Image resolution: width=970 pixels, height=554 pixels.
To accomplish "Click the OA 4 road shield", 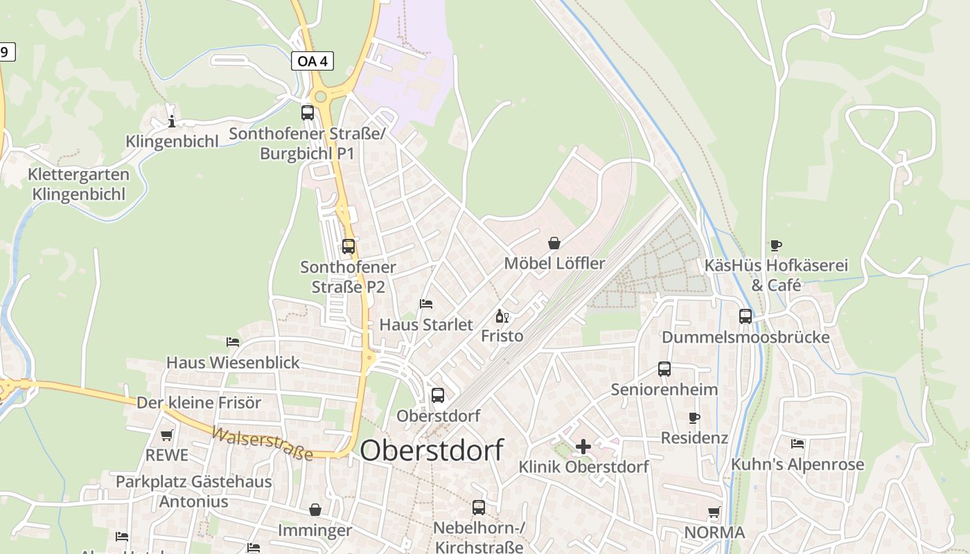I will tap(312, 61).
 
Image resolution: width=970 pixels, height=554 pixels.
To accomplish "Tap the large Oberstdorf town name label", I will tap(432, 450).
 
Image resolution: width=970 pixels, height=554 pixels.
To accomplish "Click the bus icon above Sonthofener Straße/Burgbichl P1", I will tap(307, 112).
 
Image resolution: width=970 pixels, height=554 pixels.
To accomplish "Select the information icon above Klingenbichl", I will tap(172, 122).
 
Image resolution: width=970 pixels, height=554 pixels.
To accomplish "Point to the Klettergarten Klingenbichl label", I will tap(79, 184).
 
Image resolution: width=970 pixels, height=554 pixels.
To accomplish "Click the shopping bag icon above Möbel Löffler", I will tap(554, 243).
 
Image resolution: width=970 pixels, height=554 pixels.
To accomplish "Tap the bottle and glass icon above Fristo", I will tap(502, 316).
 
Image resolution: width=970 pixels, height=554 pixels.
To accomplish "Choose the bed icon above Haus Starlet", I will tap(426, 304).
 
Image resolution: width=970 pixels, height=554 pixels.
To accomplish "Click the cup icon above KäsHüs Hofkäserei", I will tap(776, 245).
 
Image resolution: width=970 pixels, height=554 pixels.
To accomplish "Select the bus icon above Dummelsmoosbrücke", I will tap(746, 316).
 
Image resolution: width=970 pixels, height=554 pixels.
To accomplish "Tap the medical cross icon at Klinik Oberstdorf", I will tap(583, 447).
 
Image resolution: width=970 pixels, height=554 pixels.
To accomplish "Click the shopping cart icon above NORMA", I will tap(714, 512).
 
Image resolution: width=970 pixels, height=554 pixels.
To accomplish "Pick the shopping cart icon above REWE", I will tap(166, 435).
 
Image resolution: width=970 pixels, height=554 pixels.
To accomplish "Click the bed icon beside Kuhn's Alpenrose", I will tap(797, 443).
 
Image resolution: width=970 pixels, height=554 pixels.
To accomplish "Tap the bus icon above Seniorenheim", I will tap(664, 369).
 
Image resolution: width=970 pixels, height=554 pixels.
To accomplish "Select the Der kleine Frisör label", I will tap(199, 402).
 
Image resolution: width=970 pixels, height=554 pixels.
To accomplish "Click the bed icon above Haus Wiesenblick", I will tap(233, 341).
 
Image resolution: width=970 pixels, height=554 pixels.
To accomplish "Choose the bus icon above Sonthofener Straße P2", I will tap(349, 246).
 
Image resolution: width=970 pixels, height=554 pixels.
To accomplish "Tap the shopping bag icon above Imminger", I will tap(315, 510).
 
